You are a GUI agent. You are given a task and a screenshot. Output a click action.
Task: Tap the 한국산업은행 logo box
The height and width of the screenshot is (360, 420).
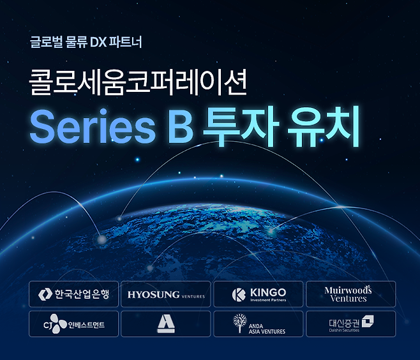click(73, 294)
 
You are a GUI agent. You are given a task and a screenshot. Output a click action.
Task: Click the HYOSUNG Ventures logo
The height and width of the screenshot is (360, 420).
click(165, 294)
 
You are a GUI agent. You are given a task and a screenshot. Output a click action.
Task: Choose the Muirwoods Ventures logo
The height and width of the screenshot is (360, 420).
click(350, 294)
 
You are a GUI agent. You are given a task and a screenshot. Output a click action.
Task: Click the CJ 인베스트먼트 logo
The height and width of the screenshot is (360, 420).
click(73, 324)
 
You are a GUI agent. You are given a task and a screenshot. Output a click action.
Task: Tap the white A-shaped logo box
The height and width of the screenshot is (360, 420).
click(165, 324)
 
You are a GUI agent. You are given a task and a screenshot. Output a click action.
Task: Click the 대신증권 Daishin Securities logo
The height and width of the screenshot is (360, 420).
click(350, 324)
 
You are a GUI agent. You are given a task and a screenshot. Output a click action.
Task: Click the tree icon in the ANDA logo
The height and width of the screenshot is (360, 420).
click(239, 324)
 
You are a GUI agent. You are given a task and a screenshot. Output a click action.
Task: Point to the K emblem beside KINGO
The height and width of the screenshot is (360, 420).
click(239, 294)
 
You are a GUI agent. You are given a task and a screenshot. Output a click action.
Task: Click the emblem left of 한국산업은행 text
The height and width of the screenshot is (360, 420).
click(44, 294)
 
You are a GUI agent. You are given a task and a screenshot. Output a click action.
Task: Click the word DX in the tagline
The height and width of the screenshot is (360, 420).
click(100, 44)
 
